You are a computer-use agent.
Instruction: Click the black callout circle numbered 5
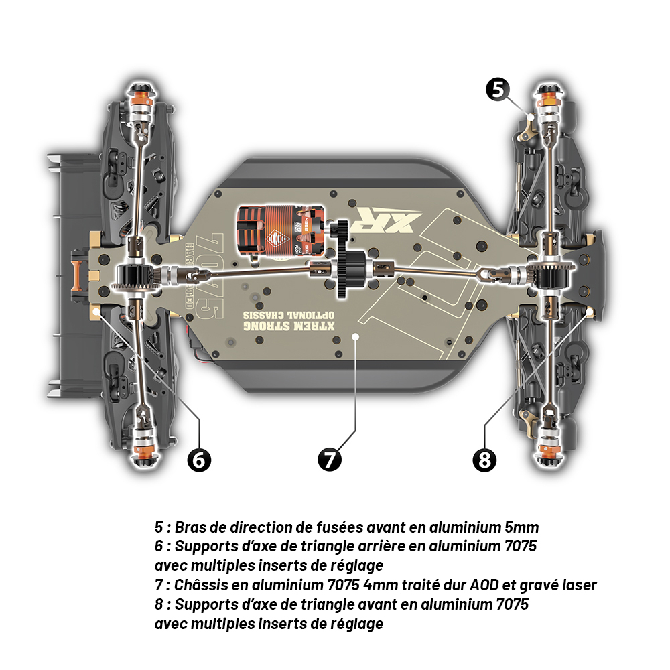[497, 89]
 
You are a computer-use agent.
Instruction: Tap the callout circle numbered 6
[198, 460]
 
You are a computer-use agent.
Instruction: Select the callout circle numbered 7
[329, 460]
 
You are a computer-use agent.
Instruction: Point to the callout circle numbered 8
[484, 460]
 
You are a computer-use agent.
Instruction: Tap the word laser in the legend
[578, 584]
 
